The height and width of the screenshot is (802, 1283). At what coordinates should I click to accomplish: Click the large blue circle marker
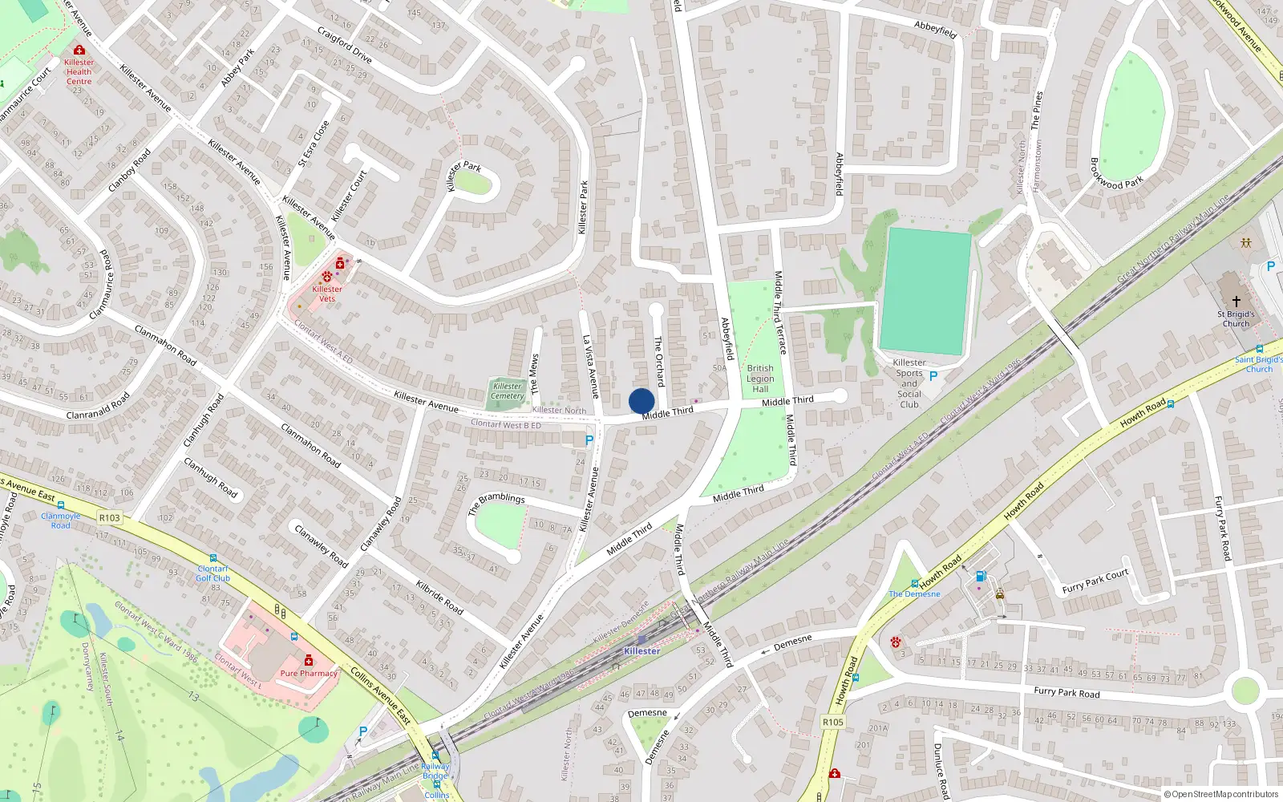point(641,401)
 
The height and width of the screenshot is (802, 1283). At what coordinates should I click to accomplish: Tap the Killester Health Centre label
point(79,71)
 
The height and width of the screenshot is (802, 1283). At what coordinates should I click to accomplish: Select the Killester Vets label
point(327,294)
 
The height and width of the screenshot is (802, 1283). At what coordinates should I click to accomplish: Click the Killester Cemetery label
point(508,391)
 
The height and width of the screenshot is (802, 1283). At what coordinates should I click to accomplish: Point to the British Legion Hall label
point(760,379)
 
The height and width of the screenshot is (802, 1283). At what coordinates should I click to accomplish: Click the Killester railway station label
point(641,651)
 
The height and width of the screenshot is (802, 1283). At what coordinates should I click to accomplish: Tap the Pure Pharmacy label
point(309,673)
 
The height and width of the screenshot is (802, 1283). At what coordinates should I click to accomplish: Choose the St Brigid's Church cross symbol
point(1236,302)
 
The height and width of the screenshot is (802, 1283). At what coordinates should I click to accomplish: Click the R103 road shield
point(110,517)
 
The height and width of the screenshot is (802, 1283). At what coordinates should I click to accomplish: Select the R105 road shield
point(833,722)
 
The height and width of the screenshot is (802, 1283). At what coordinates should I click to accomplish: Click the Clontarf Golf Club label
point(213,573)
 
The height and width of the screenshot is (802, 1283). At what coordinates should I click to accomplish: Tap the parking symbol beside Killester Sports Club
point(933,375)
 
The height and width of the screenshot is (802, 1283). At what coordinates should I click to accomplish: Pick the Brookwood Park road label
point(1116,174)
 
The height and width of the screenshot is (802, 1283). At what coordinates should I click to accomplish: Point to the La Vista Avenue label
point(590,367)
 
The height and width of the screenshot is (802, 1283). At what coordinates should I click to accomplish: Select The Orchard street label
point(659,361)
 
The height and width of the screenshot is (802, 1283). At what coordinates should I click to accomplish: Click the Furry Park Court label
point(1095,581)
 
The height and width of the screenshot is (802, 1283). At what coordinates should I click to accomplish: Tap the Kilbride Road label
point(439,597)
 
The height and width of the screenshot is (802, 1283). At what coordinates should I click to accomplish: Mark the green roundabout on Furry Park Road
point(1245,691)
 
